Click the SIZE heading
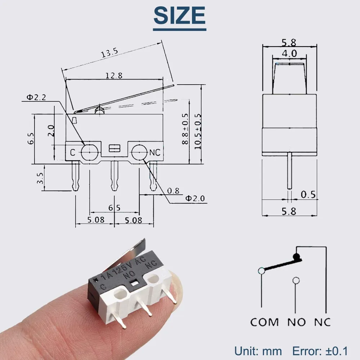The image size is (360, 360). point(180,16)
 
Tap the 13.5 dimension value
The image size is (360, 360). point(109,53)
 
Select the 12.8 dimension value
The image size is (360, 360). point(114,76)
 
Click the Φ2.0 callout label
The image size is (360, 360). point(195,198)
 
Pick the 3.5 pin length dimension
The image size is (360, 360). point(40,178)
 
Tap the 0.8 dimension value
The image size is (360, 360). point(173,191)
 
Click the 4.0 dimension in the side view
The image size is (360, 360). point(289,54)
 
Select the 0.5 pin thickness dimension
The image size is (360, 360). point(308,195)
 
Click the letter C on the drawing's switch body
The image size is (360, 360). point(72,153)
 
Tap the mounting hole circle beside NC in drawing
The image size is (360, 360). point(139,153)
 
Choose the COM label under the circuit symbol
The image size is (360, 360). point(264,321)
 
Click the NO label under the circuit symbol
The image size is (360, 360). point(296,321)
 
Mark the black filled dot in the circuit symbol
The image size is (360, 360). point(297,256)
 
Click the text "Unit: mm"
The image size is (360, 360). point(258,351)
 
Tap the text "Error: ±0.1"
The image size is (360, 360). point(320,351)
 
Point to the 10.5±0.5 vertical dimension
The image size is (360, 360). point(198,131)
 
